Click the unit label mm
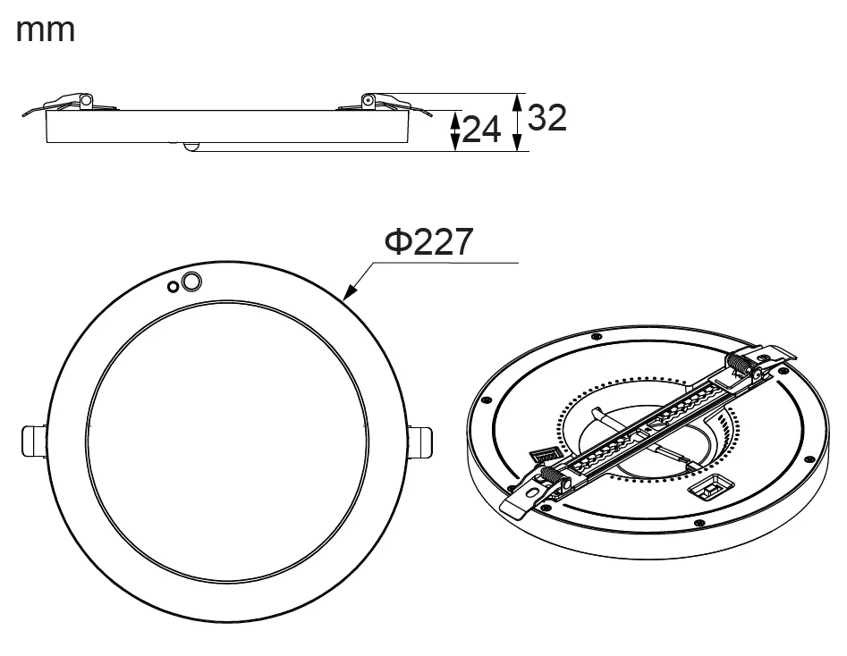[x=46, y=30]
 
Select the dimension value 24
[x=481, y=130]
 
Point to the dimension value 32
[x=546, y=117]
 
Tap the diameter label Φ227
[x=428, y=241]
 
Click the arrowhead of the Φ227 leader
[x=350, y=292]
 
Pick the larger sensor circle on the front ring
[x=191, y=282]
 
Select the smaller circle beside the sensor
[x=173, y=287]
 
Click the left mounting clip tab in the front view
[x=33, y=442]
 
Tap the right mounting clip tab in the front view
[x=420, y=442]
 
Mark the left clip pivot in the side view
[x=85, y=101]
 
